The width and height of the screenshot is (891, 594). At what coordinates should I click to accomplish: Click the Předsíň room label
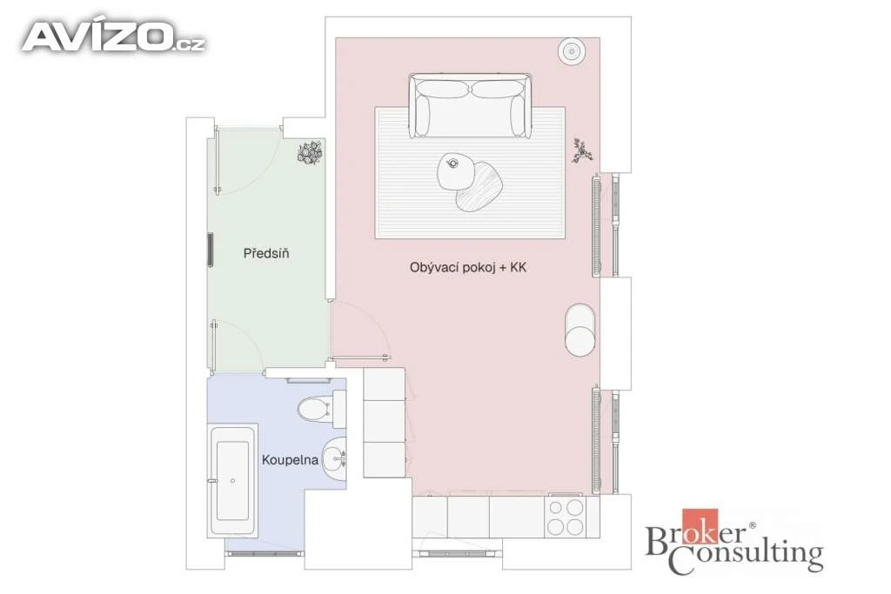pos(266,253)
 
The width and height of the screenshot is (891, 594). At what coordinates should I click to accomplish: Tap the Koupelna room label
pos(290,459)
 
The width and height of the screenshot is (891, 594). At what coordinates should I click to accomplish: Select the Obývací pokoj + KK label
pos(468,267)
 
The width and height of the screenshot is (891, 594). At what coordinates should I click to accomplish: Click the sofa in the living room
pos(470,105)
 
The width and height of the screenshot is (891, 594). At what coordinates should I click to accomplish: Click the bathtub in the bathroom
pos(232,480)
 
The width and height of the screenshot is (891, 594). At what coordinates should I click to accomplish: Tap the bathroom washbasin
pos(334,459)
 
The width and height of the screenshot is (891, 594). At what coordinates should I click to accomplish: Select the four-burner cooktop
pos(565,517)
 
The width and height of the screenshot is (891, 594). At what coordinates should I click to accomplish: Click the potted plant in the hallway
pos(310,153)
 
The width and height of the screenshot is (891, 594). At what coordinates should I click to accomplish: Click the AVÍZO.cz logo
pos(113,37)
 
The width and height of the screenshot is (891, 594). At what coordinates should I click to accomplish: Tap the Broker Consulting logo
pos(734,541)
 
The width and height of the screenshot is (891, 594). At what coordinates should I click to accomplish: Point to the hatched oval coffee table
pos(479,186)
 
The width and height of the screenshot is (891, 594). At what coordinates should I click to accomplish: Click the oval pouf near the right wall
pos(580,329)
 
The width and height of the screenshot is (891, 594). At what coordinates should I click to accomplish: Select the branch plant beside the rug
pos(582,150)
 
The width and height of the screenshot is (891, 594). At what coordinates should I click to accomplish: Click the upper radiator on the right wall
pos(596,225)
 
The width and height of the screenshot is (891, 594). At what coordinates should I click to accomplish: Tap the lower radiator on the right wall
pos(596,439)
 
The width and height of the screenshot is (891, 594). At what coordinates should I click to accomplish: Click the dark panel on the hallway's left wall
pos(211,250)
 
